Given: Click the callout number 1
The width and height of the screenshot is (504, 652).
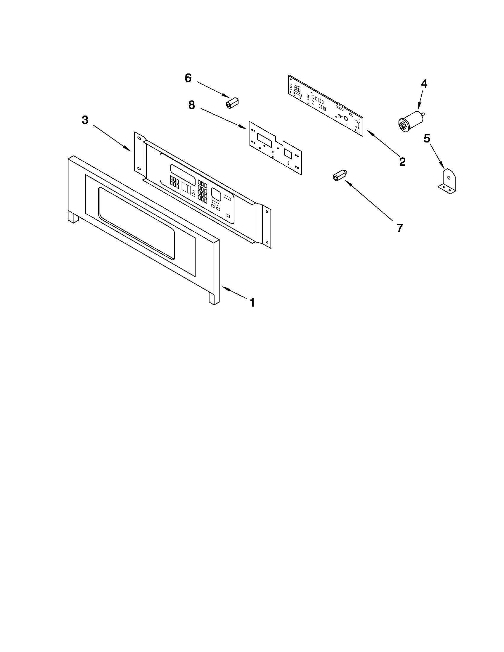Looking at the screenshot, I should pos(252,302).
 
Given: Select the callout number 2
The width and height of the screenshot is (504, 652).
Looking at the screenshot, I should pos(402,162).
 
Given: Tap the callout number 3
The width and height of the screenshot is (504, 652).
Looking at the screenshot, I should pos(85,120).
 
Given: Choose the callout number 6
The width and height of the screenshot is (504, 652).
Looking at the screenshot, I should pos(188,78).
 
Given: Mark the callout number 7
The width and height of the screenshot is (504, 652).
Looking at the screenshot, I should pos(400,228).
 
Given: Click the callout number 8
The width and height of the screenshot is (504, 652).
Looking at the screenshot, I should pos(191,105).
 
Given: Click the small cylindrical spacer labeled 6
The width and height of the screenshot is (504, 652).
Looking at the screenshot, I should pos(231,102).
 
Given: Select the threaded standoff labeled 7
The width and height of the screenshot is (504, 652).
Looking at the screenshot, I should pos(338,176).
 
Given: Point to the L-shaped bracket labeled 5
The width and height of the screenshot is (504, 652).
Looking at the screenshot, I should pos(448,181).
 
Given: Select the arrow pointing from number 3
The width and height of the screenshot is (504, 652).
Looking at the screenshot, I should pos(112,138).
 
